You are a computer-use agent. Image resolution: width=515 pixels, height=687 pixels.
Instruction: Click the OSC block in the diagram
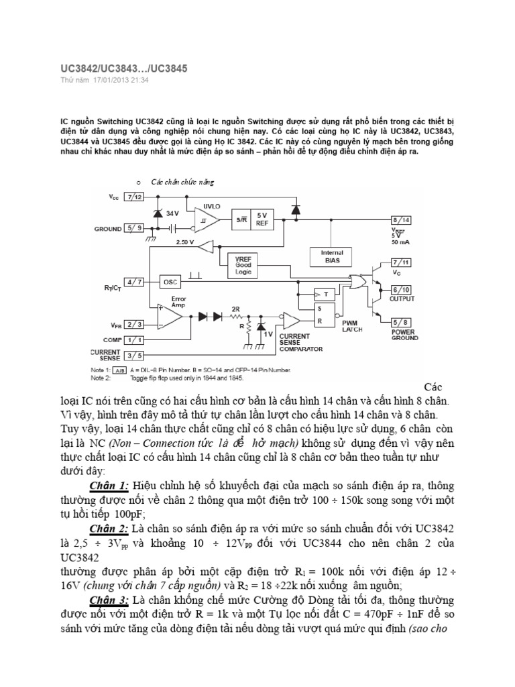click(x=170, y=282)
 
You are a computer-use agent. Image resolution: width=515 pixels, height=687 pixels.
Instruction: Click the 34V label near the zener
click(x=173, y=213)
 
